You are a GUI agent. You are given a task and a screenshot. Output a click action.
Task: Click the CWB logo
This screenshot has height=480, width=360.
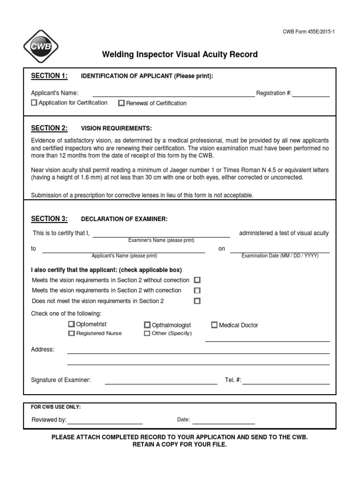[41, 47]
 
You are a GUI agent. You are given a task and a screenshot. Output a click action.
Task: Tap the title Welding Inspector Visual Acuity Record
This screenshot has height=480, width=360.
[180, 54]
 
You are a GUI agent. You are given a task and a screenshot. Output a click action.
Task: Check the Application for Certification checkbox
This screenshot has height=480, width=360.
[34, 103]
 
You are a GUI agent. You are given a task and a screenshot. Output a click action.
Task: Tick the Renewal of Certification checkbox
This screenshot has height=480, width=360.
[121, 103]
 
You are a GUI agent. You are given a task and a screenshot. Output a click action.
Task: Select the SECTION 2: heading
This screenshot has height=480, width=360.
[49, 128]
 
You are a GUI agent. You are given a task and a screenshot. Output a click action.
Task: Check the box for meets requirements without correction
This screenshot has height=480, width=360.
[197, 280]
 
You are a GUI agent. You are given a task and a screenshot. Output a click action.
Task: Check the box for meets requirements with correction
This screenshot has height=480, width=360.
[197, 290]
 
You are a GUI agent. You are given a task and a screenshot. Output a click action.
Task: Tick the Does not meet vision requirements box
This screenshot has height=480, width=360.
[197, 301]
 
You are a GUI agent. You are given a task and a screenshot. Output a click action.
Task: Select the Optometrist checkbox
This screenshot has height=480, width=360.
[71, 324]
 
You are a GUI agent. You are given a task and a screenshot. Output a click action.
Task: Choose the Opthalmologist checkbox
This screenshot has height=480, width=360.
[147, 325]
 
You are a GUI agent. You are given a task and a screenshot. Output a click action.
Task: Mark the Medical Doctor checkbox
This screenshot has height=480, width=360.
[215, 325]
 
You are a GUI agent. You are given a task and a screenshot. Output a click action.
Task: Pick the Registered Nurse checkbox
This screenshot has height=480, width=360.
[71, 333]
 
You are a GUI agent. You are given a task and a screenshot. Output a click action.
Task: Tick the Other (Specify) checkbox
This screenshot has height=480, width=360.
[147, 333]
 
